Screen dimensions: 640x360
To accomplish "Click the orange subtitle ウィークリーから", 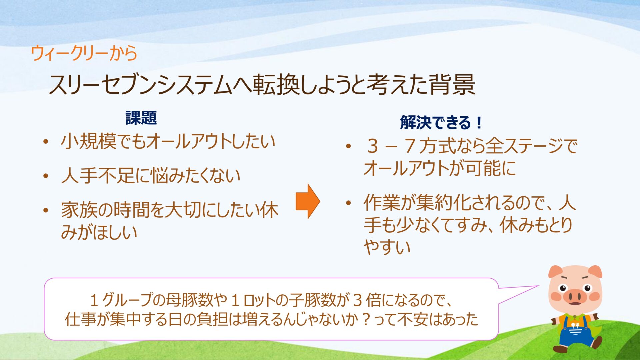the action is pos(84,53).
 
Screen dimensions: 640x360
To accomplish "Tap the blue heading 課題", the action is pos(141,118).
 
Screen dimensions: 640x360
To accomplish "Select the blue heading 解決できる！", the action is pos(441,122).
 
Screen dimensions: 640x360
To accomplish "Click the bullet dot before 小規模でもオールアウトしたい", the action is pos(46,142).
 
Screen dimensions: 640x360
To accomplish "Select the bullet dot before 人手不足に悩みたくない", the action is pos(46,176).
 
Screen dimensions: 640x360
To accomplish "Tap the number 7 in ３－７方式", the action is pos(410,146).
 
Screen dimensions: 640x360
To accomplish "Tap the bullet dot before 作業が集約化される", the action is pos(349,202).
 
